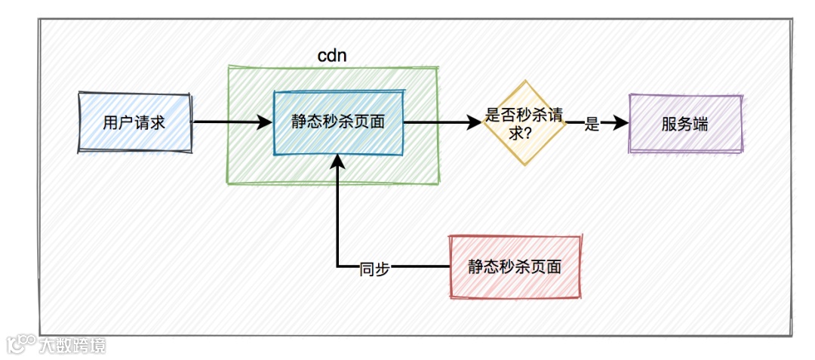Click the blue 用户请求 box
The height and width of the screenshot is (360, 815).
click(x=134, y=123)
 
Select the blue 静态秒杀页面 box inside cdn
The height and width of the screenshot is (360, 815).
click(x=338, y=123)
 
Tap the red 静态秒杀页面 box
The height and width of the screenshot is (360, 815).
click(x=515, y=267)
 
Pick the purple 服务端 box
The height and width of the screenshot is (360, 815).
click(x=685, y=124)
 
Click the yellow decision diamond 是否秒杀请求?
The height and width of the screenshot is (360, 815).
click(x=524, y=122)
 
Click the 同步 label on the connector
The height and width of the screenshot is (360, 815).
click(x=374, y=268)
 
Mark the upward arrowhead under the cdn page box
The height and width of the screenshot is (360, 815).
click(x=339, y=162)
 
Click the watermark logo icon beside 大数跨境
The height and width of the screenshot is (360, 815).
click(x=21, y=345)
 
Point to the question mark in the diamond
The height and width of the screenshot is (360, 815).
click(x=533, y=132)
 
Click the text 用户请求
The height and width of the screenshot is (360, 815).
click(x=134, y=123)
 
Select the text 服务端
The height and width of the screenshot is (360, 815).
click(x=685, y=125)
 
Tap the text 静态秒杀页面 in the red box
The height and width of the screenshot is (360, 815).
click(x=515, y=267)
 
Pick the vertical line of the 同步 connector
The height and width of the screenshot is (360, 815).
click(x=339, y=219)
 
